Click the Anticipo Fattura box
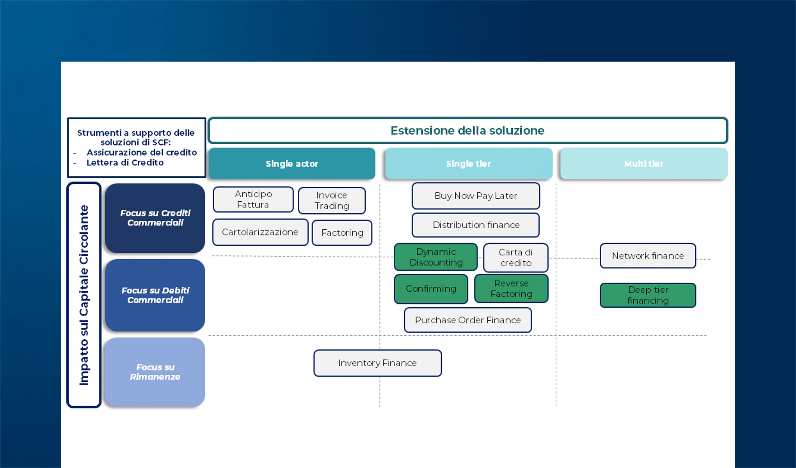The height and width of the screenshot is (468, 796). pyautogui.click(x=253, y=199)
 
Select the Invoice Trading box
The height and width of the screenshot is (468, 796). pyautogui.click(x=332, y=200)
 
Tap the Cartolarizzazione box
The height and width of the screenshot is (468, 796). pyautogui.click(x=260, y=232)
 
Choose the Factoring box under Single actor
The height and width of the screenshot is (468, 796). pyautogui.click(x=342, y=233)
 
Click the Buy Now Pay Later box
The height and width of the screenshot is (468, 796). pyautogui.click(x=476, y=196)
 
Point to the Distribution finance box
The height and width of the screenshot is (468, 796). pyautogui.click(x=476, y=225)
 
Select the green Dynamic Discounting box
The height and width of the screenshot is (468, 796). pyautogui.click(x=435, y=257)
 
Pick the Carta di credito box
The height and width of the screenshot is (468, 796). pyautogui.click(x=515, y=257)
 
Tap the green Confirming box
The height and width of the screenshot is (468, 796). pyautogui.click(x=431, y=289)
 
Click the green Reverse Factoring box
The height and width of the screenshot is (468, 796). pyautogui.click(x=511, y=289)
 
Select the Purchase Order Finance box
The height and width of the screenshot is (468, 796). pyautogui.click(x=467, y=320)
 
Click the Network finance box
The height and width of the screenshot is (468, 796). pyautogui.click(x=648, y=256)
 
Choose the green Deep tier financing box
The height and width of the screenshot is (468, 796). pyautogui.click(x=648, y=295)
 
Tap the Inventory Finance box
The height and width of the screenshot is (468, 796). pyautogui.click(x=377, y=363)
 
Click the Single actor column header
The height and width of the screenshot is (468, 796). pyautogui.click(x=292, y=164)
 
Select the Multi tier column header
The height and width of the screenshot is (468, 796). pyautogui.click(x=643, y=164)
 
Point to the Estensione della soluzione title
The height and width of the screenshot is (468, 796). pyautogui.click(x=467, y=131)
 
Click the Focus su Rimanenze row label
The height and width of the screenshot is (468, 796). pyautogui.click(x=155, y=372)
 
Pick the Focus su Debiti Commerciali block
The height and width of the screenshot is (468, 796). pyautogui.click(x=155, y=295)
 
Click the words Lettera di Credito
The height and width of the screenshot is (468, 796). pyautogui.click(x=125, y=163)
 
